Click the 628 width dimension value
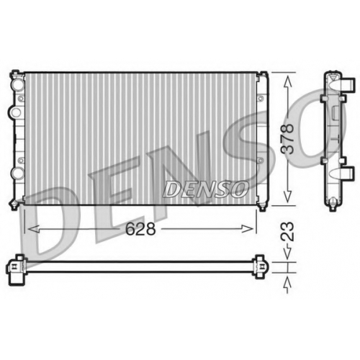(140, 229)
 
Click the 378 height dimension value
(287, 138)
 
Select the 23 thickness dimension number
(287, 232)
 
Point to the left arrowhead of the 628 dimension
(34, 229)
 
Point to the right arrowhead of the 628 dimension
(247, 229)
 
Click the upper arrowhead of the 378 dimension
(287, 81)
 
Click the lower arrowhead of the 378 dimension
(287, 197)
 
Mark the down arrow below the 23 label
(287, 254)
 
